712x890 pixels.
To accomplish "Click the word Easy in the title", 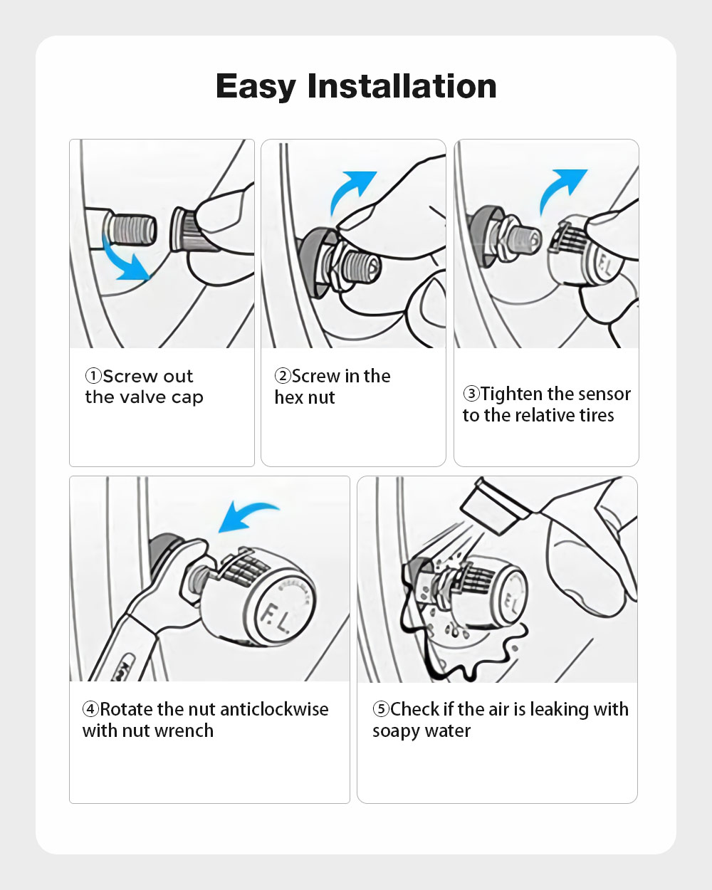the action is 256,87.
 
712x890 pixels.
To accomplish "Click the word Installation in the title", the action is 402,85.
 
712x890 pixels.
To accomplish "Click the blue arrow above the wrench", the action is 246,515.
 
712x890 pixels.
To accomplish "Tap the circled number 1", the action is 93,376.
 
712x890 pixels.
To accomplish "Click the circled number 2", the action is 283,376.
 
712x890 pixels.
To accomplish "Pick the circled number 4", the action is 90,709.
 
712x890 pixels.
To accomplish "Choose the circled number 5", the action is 381,709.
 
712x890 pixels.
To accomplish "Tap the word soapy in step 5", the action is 396,732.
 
